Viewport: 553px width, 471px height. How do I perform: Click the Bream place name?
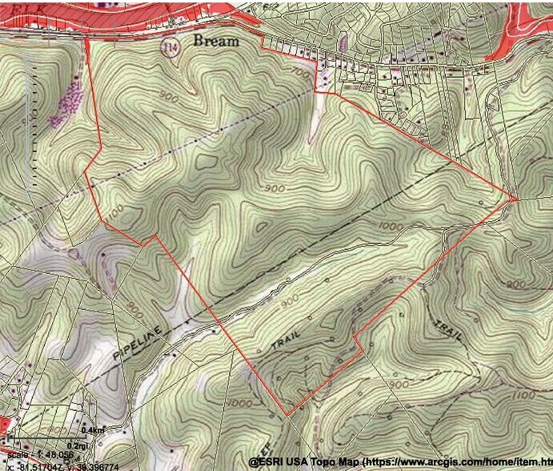(215, 41)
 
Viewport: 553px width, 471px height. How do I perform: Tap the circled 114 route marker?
(169, 47)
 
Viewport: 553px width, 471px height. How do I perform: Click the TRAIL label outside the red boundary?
(447, 331)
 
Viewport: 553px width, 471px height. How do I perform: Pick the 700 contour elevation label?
(299, 73)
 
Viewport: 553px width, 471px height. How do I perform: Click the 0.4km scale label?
(94, 431)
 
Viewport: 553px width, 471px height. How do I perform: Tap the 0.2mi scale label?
(78, 445)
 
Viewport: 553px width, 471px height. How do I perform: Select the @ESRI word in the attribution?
(265, 462)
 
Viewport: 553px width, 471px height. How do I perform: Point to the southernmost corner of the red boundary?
(288, 414)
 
